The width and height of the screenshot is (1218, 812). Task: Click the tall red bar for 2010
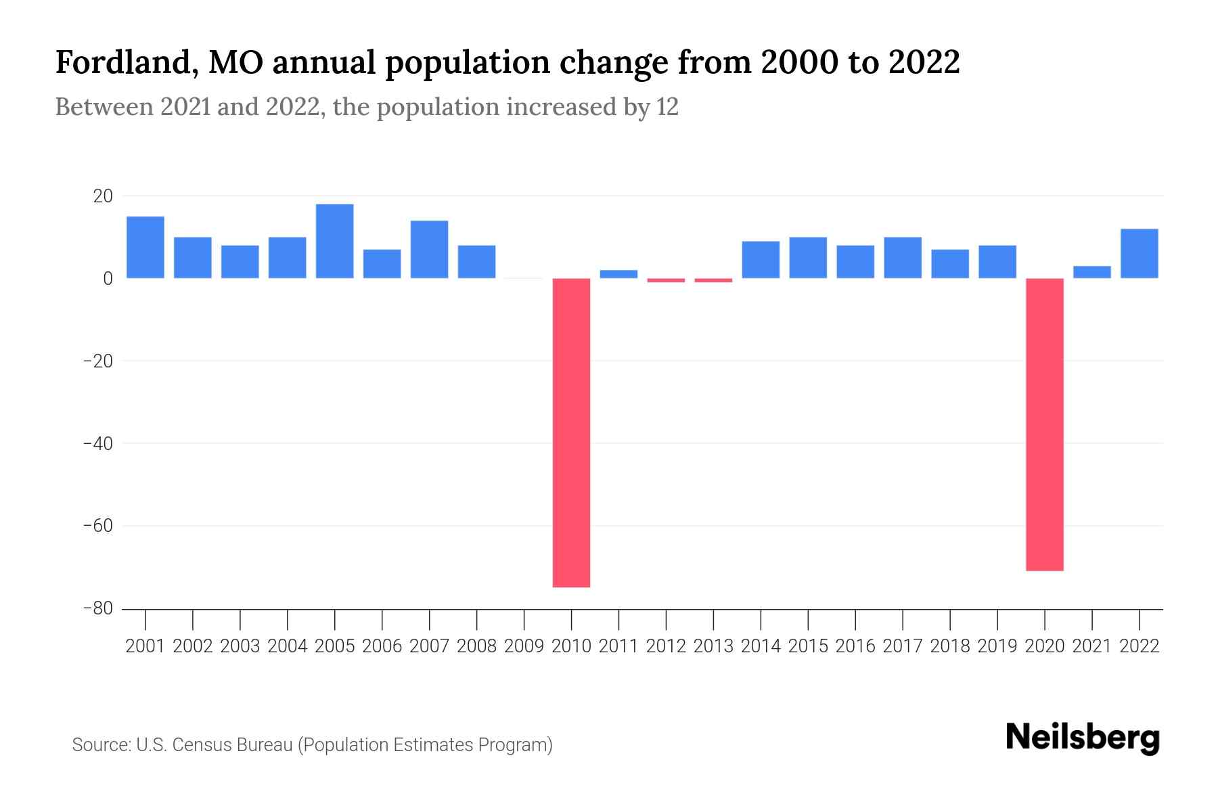pyautogui.click(x=571, y=433)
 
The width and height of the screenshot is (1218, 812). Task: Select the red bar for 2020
pyautogui.click(x=1045, y=424)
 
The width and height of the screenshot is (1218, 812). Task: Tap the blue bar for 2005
pyautogui.click(x=335, y=241)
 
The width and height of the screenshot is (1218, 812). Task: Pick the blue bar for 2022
pyautogui.click(x=1140, y=254)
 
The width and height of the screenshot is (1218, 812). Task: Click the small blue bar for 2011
pyautogui.click(x=618, y=274)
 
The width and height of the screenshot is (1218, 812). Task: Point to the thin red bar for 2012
pyautogui.click(x=666, y=280)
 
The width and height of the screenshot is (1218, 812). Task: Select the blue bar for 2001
pyautogui.click(x=145, y=247)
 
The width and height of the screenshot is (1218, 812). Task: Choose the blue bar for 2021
pyautogui.click(x=1092, y=272)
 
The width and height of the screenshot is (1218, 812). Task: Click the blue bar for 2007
pyautogui.click(x=430, y=249)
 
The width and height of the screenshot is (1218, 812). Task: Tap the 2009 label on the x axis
pyautogui.click(x=524, y=646)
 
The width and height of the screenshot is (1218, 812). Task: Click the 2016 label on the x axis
pyautogui.click(x=855, y=646)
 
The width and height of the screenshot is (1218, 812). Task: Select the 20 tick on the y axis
pyautogui.click(x=103, y=196)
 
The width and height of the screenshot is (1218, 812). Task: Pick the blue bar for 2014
pyautogui.click(x=761, y=260)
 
